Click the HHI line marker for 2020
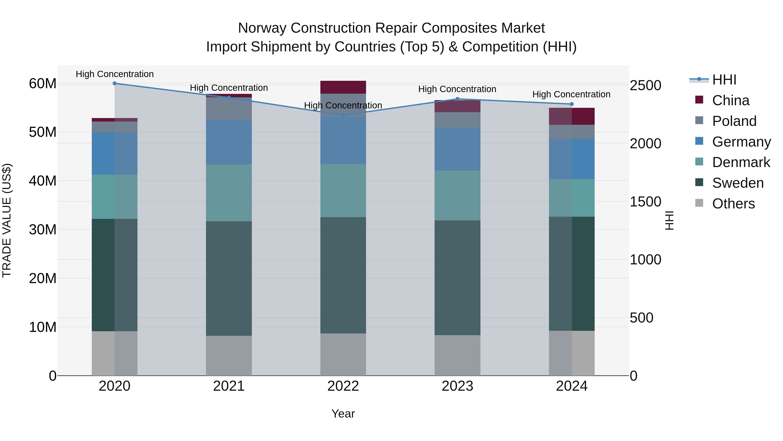[x=115, y=83]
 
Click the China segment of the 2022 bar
[x=343, y=87]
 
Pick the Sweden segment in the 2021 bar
[x=229, y=279]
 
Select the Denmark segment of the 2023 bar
[x=457, y=195]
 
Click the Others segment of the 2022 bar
[x=343, y=355]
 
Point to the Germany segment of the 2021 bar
[x=229, y=142]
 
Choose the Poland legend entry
[x=734, y=121]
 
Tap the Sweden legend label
[x=738, y=183]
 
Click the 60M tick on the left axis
[x=43, y=84]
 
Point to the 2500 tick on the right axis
[x=645, y=86]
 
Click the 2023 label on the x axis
[x=457, y=386]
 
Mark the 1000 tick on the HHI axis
[x=645, y=260]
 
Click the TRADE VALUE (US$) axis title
[x=7, y=221]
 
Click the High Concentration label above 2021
[x=229, y=88]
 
